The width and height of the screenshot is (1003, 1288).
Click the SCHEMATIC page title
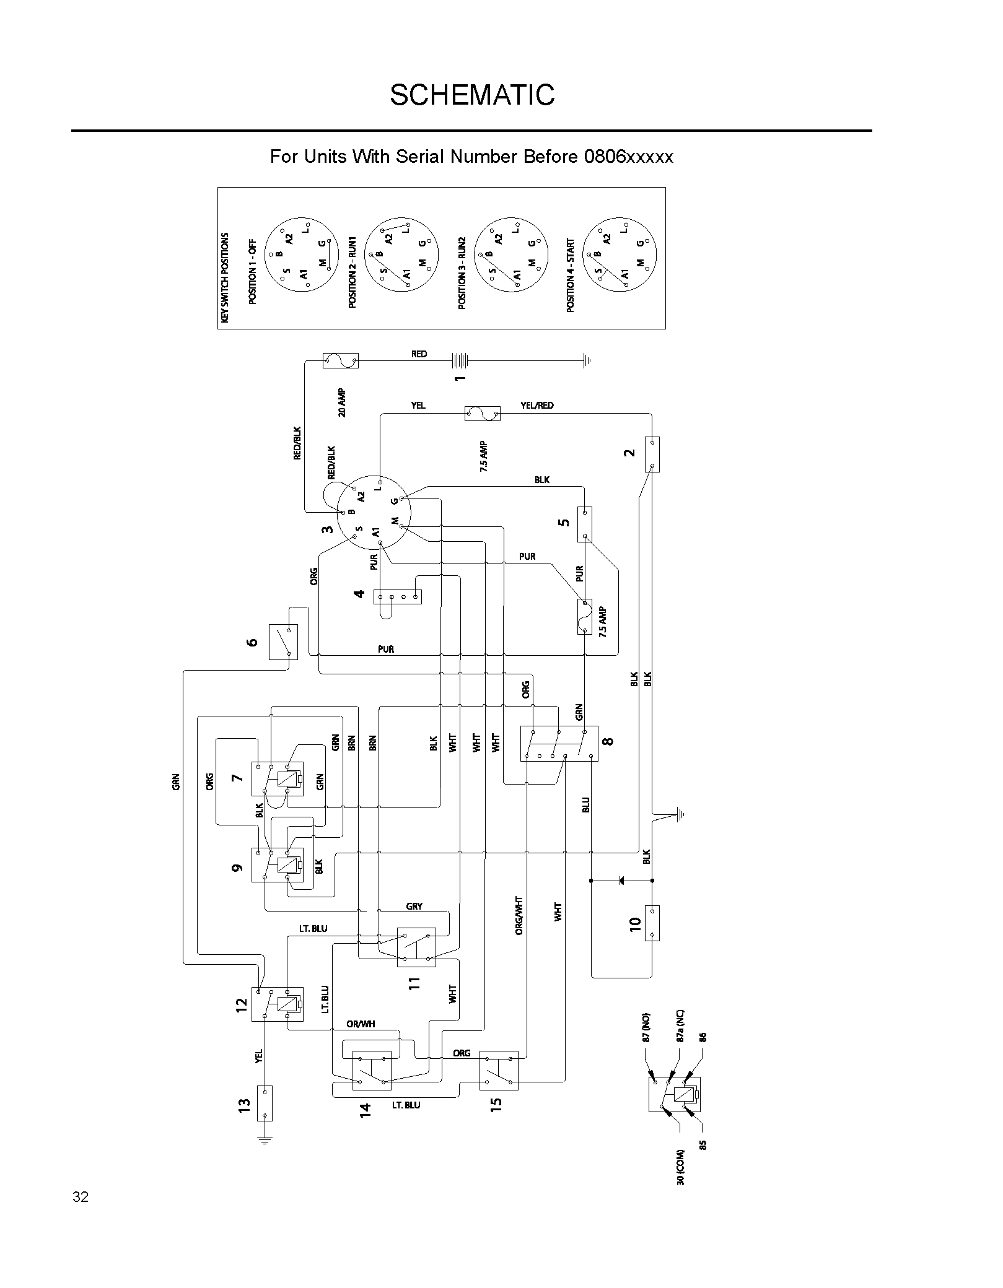point(472,95)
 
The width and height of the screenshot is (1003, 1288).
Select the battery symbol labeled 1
point(460,359)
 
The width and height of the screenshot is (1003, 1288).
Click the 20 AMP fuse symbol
point(341,360)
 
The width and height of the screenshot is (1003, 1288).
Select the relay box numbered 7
point(277,778)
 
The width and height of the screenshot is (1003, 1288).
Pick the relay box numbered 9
point(277,865)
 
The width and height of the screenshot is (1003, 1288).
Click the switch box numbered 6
point(283,642)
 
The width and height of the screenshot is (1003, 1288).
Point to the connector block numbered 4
point(397,597)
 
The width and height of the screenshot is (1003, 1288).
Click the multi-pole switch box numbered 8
point(559,744)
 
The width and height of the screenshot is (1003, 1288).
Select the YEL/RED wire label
point(537,405)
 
